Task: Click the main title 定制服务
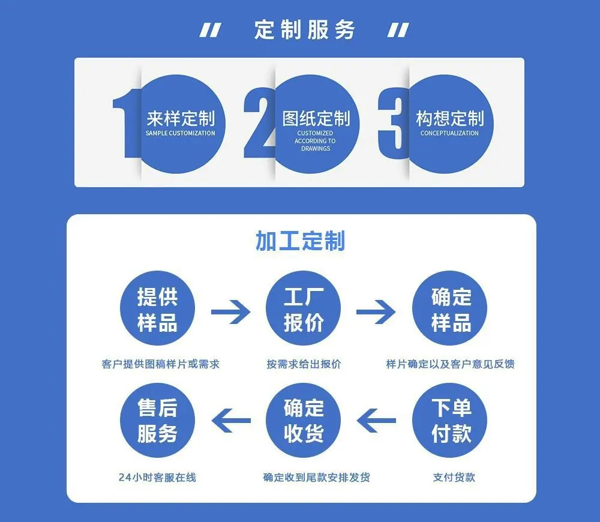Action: click(x=305, y=30)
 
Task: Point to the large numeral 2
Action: click(x=259, y=122)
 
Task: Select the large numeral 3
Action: click(x=394, y=123)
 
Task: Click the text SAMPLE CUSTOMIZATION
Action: click(x=180, y=133)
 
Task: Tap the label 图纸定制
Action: click(x=316, y=119)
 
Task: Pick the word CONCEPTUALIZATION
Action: click(x=449, y=133)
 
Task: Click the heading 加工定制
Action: click(x=301, y=241)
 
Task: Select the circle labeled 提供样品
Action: click(x=157, y=308)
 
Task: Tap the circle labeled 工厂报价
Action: click(x=303, y=308)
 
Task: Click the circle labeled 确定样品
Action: click(x=449, y=308)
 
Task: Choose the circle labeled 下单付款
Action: click(x=449, y=420)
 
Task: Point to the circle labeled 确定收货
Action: click(x=303, y=420)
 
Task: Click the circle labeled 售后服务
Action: click(x=157, y=420)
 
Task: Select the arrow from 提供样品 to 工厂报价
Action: click(x=231, y=312)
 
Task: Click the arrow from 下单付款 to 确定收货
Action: click(x=376, y=420)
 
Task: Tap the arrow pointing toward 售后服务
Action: click(x=231, y=420)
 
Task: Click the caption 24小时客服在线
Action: click(x=157, y=477)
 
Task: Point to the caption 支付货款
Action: click(x=454, y=477)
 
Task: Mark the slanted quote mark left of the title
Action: click(x=210, y=30)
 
